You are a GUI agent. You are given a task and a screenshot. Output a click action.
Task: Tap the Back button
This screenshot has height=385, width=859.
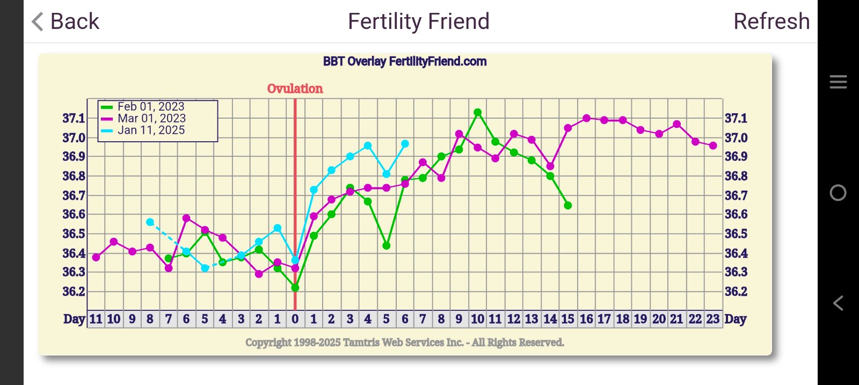[x=65, y=22]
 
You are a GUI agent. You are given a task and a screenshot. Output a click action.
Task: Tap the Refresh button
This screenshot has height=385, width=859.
[x=771, y=22]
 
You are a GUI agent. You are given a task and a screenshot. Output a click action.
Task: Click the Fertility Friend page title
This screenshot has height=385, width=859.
[x=418, y=22]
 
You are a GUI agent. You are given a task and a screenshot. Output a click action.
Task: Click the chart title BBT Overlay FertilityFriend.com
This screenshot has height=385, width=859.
[x=405, y=62]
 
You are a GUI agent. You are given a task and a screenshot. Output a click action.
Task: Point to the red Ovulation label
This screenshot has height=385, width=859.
[x=295, y=89]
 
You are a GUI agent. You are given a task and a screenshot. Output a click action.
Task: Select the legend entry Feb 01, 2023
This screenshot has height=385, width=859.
[x=151, y=107]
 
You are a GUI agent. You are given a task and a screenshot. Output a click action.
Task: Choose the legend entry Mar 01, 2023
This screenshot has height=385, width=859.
[x=151, y=119]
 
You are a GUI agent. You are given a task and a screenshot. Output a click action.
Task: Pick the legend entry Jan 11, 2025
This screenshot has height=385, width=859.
[x=151, y=130]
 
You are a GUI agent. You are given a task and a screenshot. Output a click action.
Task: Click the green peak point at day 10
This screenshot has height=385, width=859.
[x=477, y=113]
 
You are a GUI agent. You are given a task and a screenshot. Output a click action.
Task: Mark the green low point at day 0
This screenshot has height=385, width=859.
[x=295, y=288]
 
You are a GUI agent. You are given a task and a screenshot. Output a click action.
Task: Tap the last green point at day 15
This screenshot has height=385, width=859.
[x=567, y=206]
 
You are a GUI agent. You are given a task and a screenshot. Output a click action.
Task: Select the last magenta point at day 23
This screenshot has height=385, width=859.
[x=713, y=146]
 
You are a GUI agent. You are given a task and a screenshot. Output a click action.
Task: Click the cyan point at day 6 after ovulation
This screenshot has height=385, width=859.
[x=405, y=144]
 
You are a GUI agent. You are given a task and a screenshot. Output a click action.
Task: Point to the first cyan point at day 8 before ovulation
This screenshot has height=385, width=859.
[x=150, y=222]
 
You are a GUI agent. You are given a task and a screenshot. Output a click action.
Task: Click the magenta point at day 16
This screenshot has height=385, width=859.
[x=586, y=118]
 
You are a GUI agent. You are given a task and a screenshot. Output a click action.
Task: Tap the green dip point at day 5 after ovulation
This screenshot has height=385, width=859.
[x=386, y=245]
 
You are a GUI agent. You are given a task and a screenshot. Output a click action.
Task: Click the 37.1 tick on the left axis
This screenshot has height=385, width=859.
[x=74, y=119]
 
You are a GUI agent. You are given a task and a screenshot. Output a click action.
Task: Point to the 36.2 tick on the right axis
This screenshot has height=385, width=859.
[x=736, y=292]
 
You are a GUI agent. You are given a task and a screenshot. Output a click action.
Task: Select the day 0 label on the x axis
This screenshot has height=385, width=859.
[x=295, y=319]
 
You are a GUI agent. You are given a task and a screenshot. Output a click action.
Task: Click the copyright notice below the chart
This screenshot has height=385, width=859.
[x=405, y=343]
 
